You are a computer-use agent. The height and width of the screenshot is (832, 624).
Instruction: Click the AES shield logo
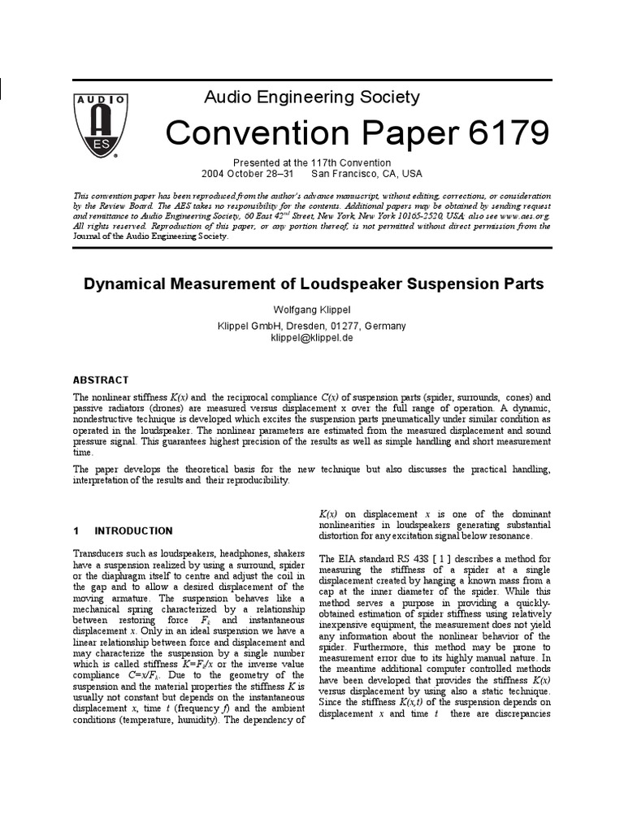pyautogui.click(x=101, y=123)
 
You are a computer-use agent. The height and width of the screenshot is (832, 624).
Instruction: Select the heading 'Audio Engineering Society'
pyautogui.click(x=311, y=97)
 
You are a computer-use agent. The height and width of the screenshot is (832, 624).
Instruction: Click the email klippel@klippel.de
pyautogui.click(x=313, y=337)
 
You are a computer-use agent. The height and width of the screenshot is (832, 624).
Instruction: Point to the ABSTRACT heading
pyautogui.click(x=101, y=379)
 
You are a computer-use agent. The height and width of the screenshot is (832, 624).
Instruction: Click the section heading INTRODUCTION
pyautogui.click(x=133, y=531)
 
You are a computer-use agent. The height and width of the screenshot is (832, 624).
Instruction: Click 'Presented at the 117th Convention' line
pyautogui.click(x=312, y=162)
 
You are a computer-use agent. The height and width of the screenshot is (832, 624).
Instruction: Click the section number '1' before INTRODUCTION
pyautogui.click(x=76, y=531)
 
